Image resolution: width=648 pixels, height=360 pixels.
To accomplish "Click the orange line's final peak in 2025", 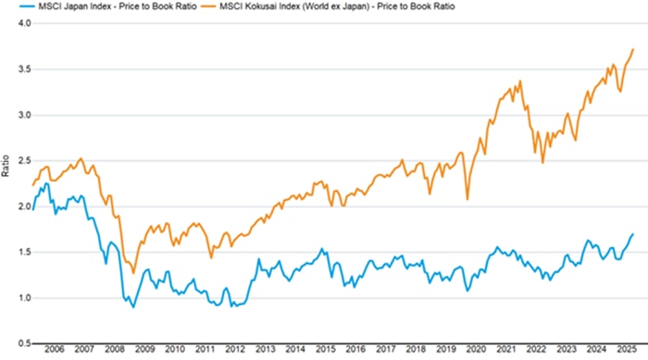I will point(633,49).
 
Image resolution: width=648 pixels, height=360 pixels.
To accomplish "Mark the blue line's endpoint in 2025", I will point(633,234).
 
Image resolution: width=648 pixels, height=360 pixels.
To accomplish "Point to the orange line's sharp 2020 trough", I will point(467,199).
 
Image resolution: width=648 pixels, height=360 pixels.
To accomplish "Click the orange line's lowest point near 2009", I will point(133,273).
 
